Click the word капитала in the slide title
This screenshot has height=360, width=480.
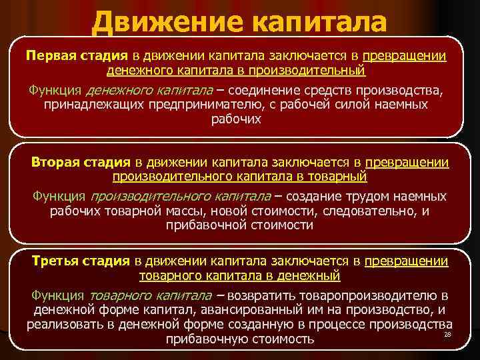pos(319,22)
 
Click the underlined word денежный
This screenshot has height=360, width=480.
pos(313,275)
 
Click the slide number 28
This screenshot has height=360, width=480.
pos(447,333)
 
